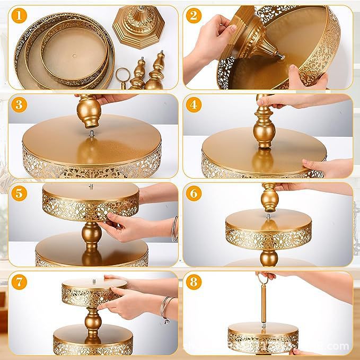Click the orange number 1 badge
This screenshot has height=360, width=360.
coord(20,16)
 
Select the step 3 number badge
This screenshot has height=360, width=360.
coord(20,104)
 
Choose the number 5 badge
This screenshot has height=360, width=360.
coord(20,194)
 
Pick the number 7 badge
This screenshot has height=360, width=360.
coord(20,282)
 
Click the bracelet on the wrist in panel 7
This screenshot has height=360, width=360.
coord(167,308)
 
